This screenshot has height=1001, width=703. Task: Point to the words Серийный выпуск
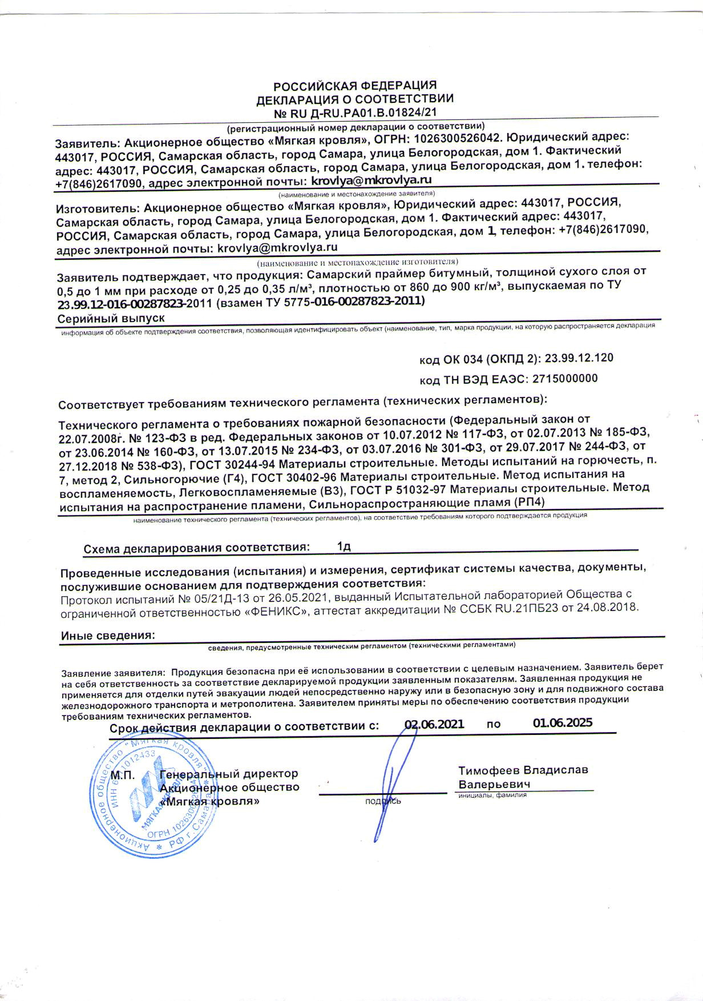[x=111, y=317]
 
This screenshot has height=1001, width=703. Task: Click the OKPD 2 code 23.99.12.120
[x=579, y=359]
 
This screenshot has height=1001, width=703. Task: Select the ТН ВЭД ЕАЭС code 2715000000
[x=564, y=379]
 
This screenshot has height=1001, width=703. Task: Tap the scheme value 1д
[x=344, y=546]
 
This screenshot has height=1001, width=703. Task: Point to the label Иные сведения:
[x=108, y=635]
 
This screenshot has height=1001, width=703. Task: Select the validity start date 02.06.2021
[x=434, y=723]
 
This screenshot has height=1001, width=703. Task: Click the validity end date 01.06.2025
[x=563, y=722]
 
